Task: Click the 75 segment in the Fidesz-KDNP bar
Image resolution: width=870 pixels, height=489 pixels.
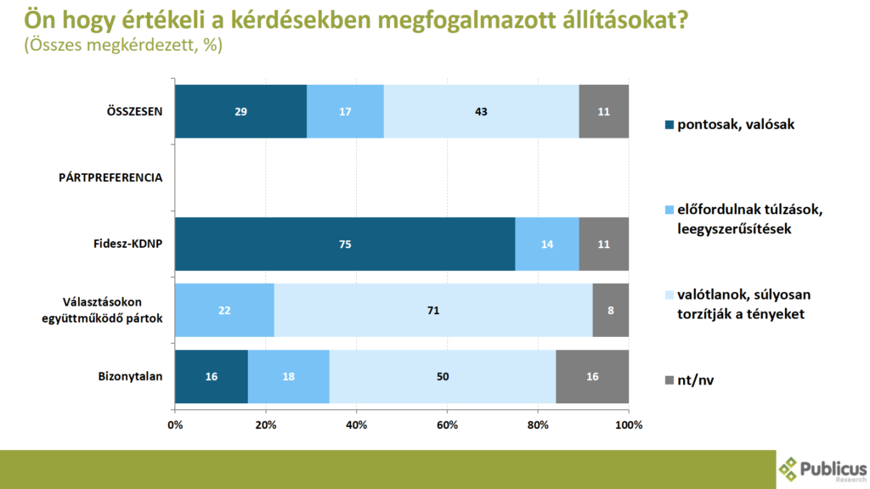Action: point(344,244)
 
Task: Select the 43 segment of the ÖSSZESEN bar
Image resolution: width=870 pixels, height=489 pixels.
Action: point(481,111)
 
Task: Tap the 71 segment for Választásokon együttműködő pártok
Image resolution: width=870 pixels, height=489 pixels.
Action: point(433,310)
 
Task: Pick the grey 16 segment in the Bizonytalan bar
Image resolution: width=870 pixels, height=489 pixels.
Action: point(592,376)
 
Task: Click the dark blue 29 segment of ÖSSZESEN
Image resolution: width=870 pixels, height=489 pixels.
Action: point(240,111)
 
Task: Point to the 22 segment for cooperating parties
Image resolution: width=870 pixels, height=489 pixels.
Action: point(224,310)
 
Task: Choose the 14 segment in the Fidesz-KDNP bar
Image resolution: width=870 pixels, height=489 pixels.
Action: point(547,244)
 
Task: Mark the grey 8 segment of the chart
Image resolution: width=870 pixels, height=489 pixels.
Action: point(611,310)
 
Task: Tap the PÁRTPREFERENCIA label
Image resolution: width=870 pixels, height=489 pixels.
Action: point(110,177)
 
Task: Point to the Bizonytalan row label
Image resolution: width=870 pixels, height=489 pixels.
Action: point(131,376)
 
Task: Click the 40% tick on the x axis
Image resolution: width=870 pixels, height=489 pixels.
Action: point(356,424)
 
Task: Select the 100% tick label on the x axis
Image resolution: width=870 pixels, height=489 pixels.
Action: point(629,424)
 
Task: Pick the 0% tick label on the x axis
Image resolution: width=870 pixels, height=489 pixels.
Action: point(175,424)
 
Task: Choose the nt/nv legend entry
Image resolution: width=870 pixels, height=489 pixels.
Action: point(696,379)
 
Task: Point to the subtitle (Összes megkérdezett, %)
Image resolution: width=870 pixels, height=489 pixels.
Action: point(124,47)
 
